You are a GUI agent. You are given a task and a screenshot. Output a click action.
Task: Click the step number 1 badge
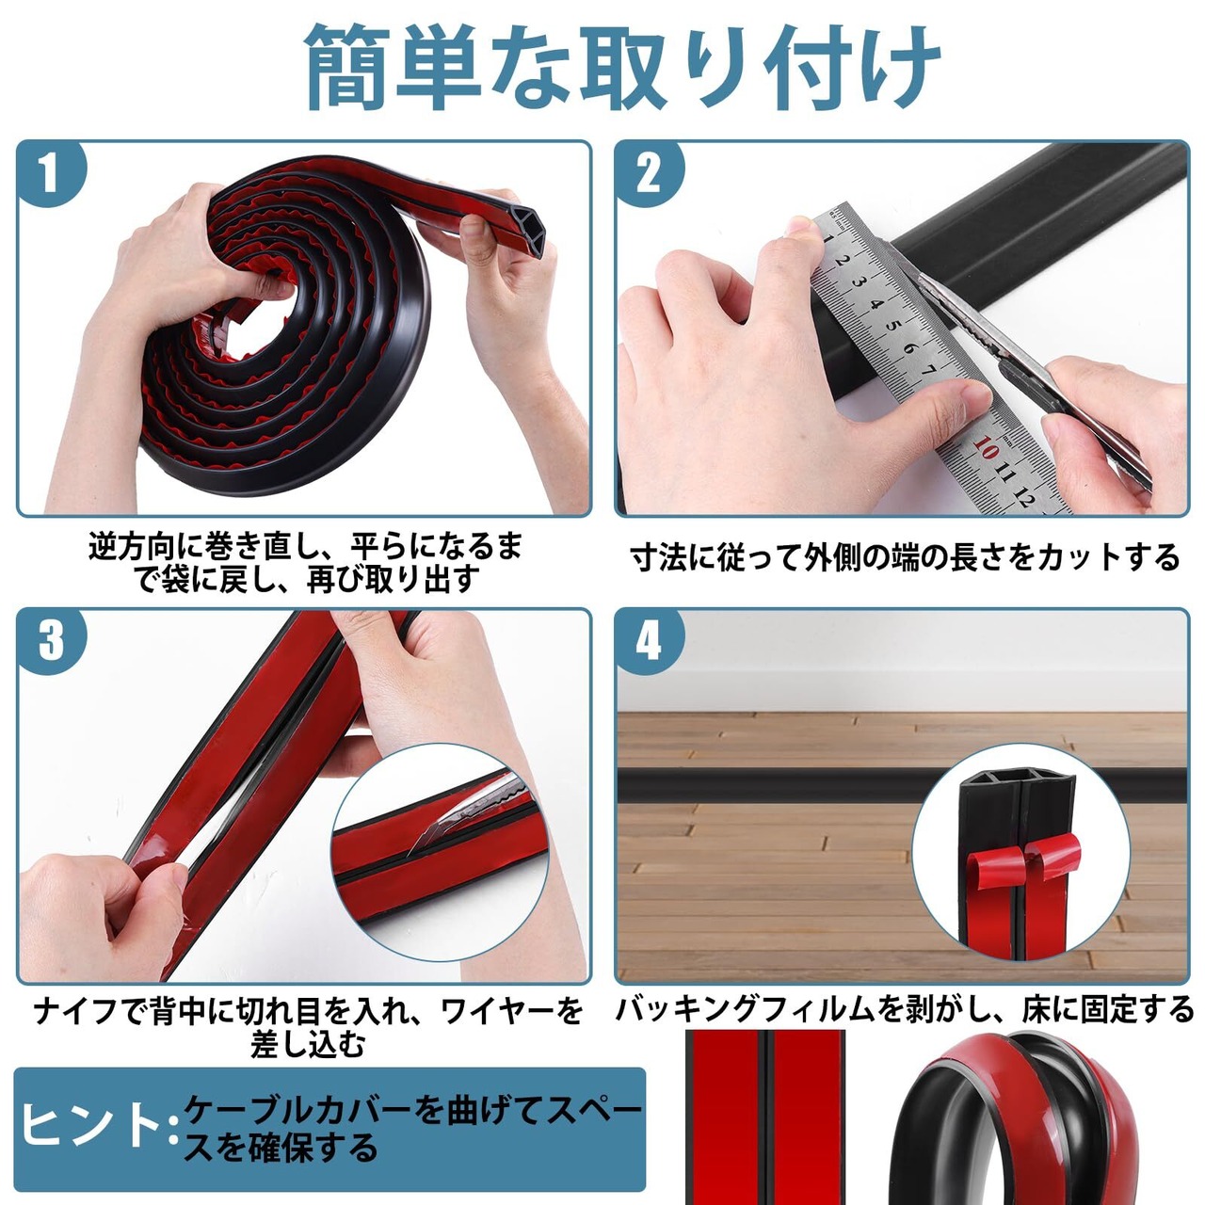coord(50,173)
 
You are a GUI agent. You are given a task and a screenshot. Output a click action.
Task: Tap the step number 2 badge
coord(649,173)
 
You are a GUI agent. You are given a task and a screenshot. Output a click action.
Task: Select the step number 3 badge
coord(50,640)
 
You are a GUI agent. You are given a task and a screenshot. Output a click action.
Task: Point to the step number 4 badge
coord(649,640)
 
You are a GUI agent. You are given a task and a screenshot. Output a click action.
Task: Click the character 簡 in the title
coord(347,67)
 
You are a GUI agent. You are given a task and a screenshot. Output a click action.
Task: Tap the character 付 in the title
coord(811,67)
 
